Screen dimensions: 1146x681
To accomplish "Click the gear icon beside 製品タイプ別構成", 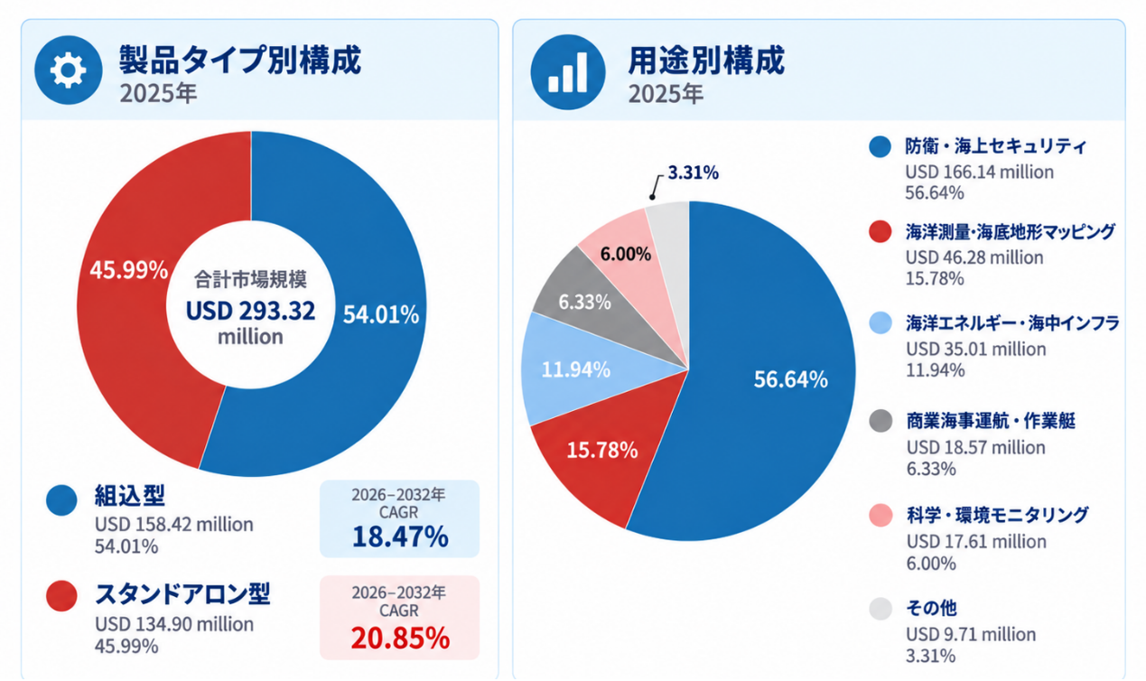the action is (68, 70).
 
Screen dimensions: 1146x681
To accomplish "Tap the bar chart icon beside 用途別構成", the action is (568, 71).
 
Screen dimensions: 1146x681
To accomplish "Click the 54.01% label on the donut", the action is (380, 314).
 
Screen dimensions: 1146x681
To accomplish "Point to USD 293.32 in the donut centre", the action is (250, 311).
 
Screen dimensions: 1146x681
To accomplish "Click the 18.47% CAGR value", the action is (400, 536).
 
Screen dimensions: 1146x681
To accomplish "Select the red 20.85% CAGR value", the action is (400, 638).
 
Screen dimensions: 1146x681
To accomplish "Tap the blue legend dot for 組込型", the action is (61, 499).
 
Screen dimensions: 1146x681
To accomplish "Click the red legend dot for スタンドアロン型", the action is (61, 595).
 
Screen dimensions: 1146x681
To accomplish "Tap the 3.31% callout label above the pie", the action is (694, 173).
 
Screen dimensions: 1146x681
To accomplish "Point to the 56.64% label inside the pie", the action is (790, 379).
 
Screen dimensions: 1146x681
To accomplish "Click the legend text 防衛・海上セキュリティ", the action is (995, 146).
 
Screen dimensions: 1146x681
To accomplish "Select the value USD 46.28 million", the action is (974, 257).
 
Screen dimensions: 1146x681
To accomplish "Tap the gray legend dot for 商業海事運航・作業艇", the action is (880, 421).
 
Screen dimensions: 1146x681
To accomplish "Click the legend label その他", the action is (931, 608).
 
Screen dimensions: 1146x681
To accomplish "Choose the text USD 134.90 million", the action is (174, 624).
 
